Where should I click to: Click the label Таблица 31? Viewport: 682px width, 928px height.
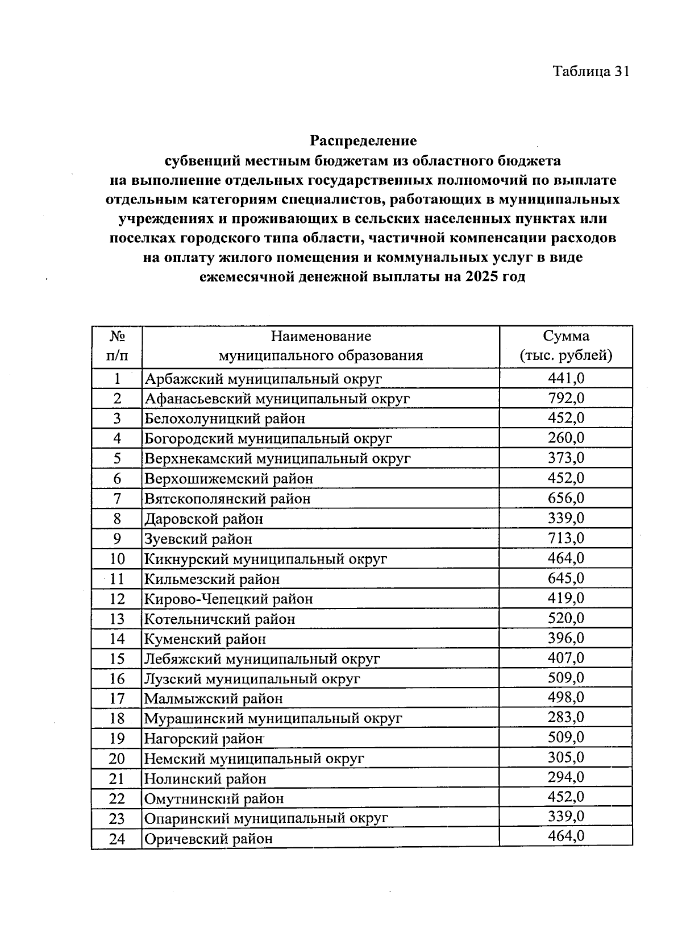click(590, 71)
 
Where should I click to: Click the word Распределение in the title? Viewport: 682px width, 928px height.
click(363, 140)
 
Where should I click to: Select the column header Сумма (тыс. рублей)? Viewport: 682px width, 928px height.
click(565, 346)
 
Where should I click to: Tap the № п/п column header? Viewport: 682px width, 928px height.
click(117, 346)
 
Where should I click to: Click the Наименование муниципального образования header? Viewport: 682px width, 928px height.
click(321, 346)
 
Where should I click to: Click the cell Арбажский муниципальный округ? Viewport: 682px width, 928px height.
click(263, 379)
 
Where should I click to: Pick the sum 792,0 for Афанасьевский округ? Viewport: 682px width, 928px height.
click(565, 398)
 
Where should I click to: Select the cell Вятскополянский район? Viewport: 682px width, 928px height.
click(227, 499)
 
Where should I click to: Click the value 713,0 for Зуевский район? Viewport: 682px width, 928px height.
click(565, 538)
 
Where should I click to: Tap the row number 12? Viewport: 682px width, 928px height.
click(117, 599)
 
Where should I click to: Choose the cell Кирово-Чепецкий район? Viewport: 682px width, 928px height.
click(228, 599)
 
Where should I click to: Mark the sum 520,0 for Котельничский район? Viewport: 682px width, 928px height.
click(565, 618)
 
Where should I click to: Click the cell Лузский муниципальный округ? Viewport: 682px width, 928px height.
click(252, 679)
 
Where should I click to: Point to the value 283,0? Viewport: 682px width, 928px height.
click(565, 718)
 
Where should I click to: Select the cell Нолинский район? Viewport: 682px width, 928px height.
click(205, 778)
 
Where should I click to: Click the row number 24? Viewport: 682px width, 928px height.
click(117, 839)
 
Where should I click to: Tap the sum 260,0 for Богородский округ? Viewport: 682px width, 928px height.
click(565, 438)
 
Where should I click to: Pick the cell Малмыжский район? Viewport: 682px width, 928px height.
click(213, 698)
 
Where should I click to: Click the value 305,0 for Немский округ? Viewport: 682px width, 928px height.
click(565, 757)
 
